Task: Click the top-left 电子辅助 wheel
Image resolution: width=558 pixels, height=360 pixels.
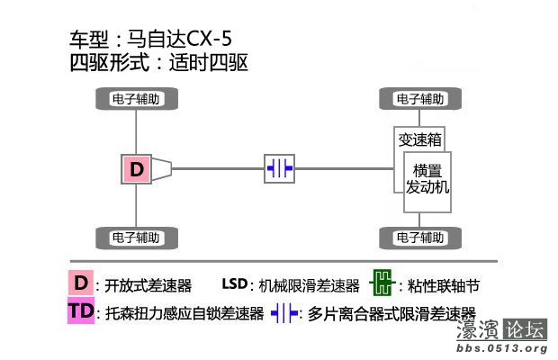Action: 136,99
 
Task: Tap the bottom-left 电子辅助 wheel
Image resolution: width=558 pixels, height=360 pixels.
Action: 136,238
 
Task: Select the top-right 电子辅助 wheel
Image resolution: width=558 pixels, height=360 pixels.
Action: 420,99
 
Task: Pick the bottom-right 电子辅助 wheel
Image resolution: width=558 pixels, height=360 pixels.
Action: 420,238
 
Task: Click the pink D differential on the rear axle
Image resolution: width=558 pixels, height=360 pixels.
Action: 136,168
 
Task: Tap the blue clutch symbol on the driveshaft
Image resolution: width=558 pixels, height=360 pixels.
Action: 279,168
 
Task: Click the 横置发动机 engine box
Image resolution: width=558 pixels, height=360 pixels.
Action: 427,179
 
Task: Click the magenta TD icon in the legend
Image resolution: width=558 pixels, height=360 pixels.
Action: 81,312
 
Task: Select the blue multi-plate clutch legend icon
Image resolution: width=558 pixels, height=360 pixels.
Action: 284,313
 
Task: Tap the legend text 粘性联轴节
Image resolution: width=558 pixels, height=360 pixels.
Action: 444,286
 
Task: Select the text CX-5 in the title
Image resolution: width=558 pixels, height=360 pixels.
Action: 213,40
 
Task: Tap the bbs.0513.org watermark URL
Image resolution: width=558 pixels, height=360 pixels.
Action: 502,348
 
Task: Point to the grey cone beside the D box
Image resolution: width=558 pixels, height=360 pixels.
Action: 162,168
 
